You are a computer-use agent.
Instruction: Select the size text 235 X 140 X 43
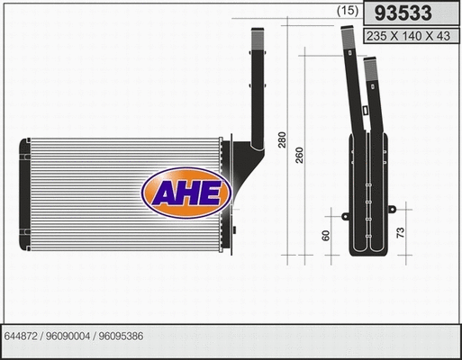[x=407, y=36]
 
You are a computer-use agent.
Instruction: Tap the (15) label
[x=348, y=12]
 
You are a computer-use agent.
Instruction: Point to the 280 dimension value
[x=282, y=140]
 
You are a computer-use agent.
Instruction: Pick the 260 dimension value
[x=298, y=154]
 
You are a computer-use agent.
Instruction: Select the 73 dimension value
[x=401, y=233]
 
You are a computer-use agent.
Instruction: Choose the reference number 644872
[x=23, y=337]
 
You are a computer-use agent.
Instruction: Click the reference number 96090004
[x=71, y=337]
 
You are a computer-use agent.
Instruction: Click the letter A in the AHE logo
[x=164, y=192]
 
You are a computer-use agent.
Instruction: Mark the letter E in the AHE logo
[x=211, y=192]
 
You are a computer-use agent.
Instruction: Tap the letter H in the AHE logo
[x=187, y=192]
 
